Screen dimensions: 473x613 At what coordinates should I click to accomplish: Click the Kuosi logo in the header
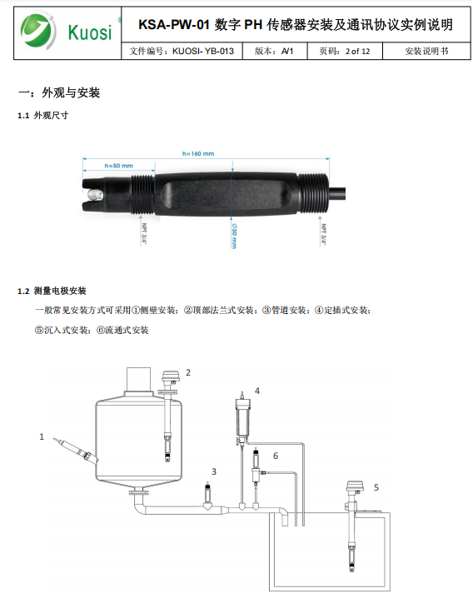pyautogui.click(x=67, y=32)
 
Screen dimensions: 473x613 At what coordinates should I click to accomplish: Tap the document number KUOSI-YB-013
pyautogui.click(x=203, y=51)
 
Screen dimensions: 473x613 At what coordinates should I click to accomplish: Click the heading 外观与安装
pyautogui.click(x=71, y=92)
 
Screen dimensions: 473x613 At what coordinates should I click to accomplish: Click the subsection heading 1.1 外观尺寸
pyautogui.click(x=43, y=115)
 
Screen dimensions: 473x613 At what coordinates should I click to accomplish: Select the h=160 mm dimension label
pyautogui.click(x=198, y=153)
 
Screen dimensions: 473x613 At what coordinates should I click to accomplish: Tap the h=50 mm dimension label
pyautogui.click(x=119, y=166)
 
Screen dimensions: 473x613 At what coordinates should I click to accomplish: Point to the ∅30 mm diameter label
pyautogui.click(x=234, y=236)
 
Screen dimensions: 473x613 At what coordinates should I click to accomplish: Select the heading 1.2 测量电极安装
pyautogui.click(x=52, y=291)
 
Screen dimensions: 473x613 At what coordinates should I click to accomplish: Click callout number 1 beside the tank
pyautogui.click(x=42, y=436)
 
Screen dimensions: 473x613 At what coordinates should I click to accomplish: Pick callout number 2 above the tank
pyautogui.click(x=188, y=372)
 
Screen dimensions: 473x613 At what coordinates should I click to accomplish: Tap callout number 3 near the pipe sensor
pyautogui.click(x=214, y=472)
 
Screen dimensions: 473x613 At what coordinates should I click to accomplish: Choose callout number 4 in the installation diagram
pyautogui.click(x=257, y=391)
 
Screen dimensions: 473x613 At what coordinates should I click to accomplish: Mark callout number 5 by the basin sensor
pyautogui.click(x=376, y=487)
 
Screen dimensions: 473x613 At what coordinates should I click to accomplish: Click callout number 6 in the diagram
pyautogui.click(x=276, y=456)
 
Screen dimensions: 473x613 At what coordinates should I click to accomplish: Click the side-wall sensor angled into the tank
pyautogui.click(x=77, y=450)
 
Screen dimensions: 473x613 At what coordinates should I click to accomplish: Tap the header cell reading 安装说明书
pyautogui.click(x=426, y=51)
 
